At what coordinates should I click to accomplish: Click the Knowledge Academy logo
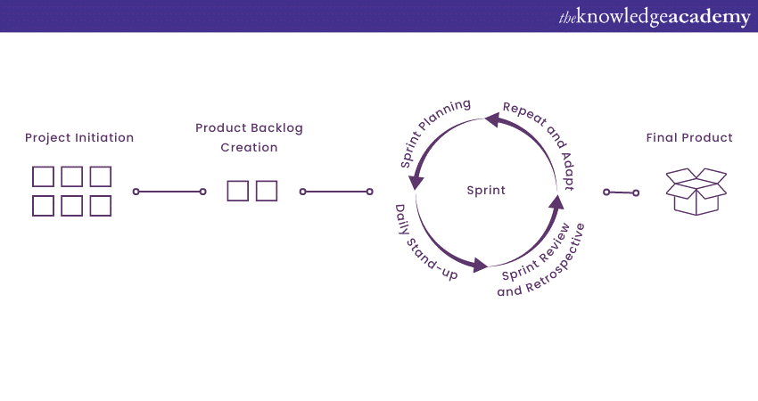click(654, 17)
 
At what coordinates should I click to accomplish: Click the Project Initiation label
click(79, 138)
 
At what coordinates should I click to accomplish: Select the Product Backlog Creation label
click(250, 137)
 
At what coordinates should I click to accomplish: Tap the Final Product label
click(689, 138)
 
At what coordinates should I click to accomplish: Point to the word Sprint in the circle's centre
click(486, 190)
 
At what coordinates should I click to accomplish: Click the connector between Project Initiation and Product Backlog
click(169, 192)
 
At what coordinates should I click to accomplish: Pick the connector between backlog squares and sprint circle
click(336, 192)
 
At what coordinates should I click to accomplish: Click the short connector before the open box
click(621, 192)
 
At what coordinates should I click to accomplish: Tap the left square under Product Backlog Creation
click(237, 191)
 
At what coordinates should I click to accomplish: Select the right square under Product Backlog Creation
click(266, 191)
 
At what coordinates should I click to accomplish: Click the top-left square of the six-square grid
click(43, 176)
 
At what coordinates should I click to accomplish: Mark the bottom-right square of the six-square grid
click(101, 206)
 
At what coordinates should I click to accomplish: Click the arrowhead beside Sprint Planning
click(415, 182)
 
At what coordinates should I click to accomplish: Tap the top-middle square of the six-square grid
click(72, 176)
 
